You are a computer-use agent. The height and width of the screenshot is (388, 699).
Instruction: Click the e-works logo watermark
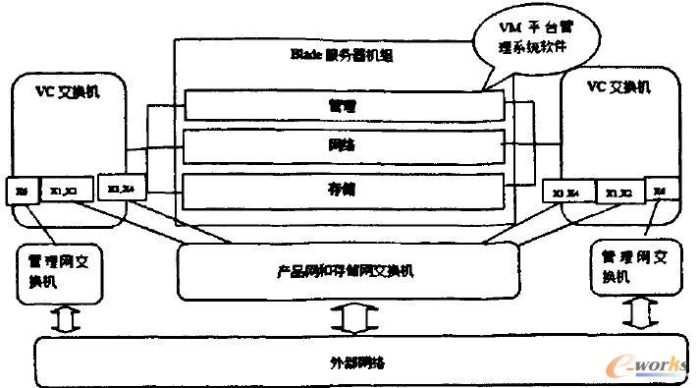click(x=647, y=364)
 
